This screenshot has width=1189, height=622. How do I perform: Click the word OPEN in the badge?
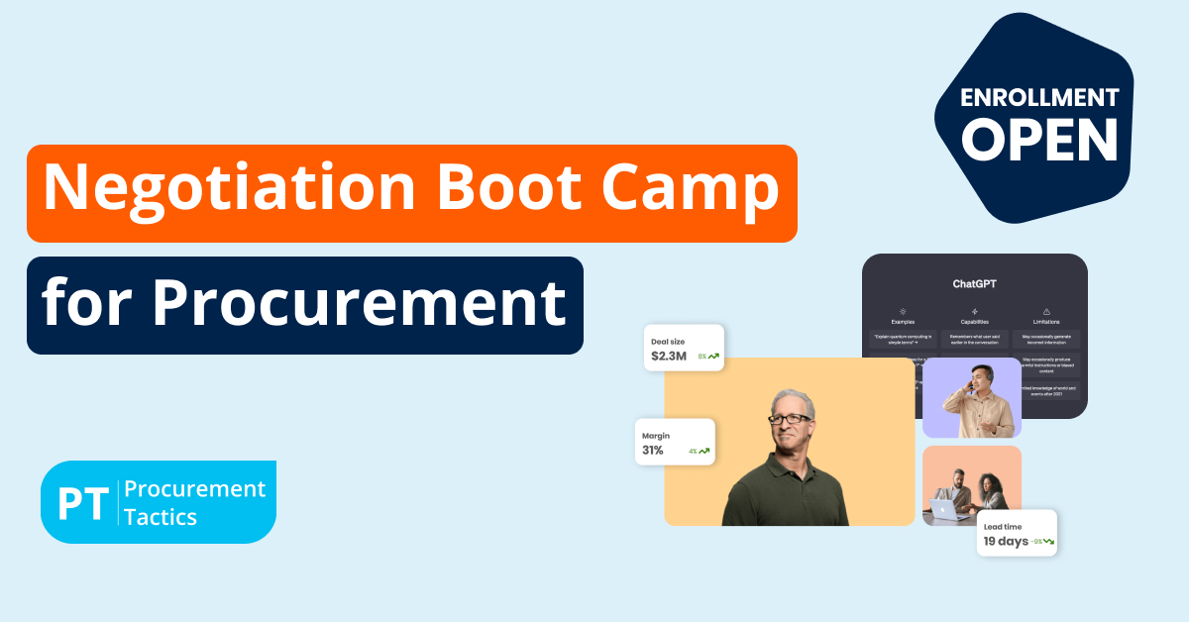[x=1039, y=140]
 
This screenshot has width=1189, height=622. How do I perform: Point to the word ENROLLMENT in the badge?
[x=1039, y=98]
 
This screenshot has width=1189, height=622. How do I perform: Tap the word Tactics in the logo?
[x=161, y=516]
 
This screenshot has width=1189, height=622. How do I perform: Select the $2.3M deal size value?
[x=669, y=356]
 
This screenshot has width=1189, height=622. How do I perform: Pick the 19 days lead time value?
[x=1005, y=542]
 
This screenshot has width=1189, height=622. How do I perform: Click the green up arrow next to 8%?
[x=713, y=356]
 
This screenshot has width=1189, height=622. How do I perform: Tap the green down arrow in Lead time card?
[x=1048, y=542]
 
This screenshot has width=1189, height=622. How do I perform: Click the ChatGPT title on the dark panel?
[x=974, y=283]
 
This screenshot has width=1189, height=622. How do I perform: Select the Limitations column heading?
[x=1045, y=322]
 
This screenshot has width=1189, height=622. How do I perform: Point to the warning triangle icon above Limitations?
[x=1045, y=310]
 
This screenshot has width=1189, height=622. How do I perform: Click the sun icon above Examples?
[x=903, y=310]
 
